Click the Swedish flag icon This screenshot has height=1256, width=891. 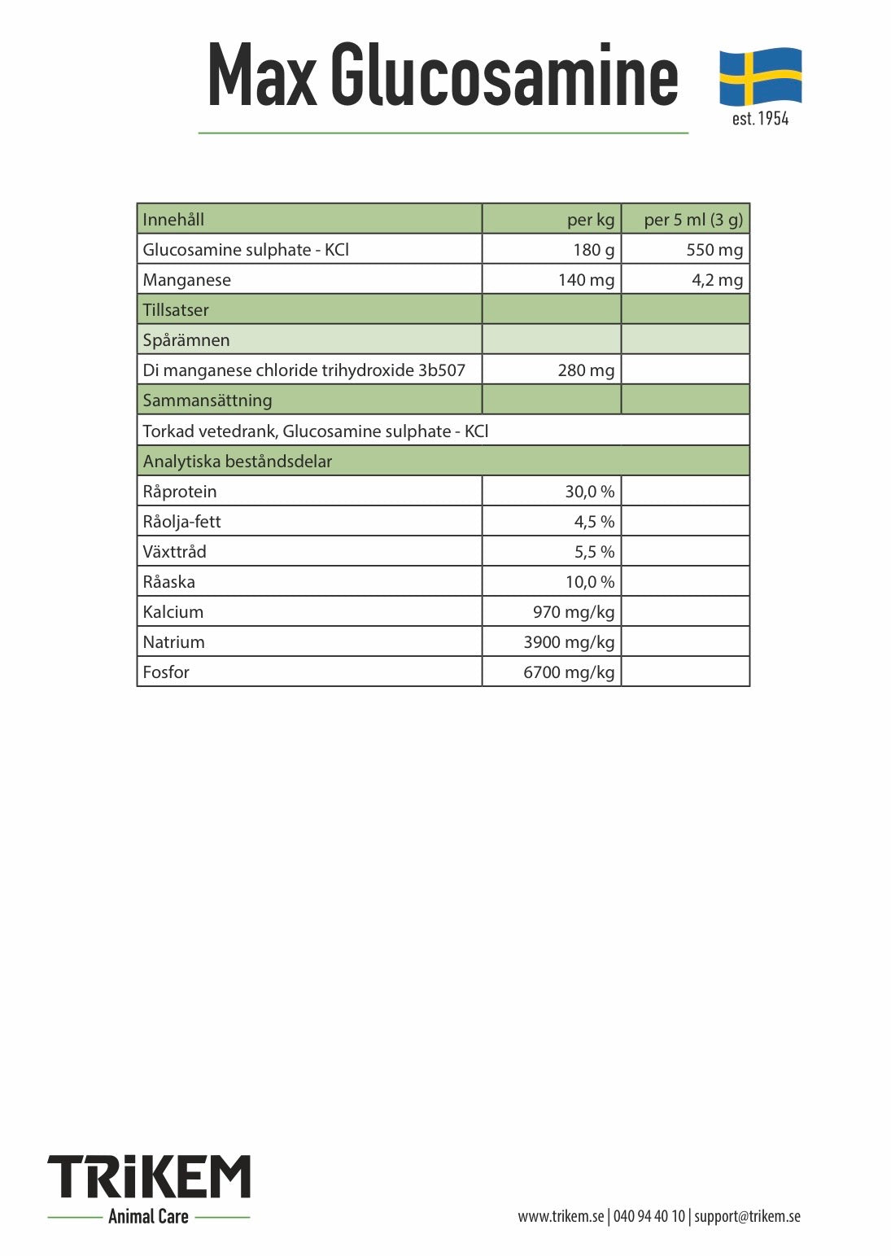[760, 76]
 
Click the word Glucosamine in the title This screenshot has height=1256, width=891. [504, 76]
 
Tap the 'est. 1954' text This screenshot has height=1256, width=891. [760, 119]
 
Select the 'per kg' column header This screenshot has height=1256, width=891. [591, 220]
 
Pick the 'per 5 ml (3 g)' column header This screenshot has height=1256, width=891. [693, 220]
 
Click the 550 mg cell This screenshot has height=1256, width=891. [714, 250]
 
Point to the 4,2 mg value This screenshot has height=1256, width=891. [717, 280]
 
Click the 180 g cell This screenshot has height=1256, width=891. [594, 250]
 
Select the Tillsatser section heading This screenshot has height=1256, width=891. [176, 310]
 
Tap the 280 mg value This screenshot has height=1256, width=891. [586, 370]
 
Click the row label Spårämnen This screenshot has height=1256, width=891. [186, 340]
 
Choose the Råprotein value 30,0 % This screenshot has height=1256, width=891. [590, 492]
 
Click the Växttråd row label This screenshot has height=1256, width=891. [174, 552]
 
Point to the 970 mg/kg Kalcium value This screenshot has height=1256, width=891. [574, 612]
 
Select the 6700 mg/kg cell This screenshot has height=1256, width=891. [569, 672]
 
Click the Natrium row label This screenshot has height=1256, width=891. [173, 642]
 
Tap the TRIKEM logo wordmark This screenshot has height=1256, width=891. [149, 1177]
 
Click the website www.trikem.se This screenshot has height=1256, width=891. [561, 1217]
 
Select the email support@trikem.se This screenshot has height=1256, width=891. [747, 1217]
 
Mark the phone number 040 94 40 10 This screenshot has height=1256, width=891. [649, 1217]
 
